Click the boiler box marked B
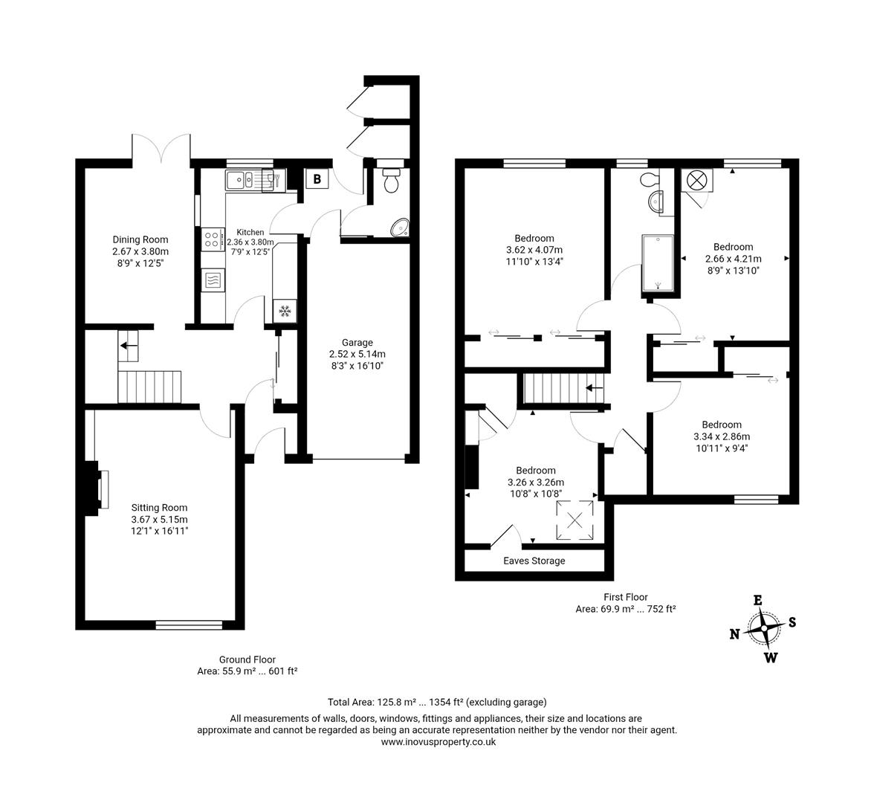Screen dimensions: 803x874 click(x=317, y=179)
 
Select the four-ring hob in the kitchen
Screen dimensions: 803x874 click(x=212, y=239)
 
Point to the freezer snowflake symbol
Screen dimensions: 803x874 click(x=285, y=311)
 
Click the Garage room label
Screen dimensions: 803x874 click(x=358, y=343)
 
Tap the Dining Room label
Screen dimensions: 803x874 click(x=140, y=239)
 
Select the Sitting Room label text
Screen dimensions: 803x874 click(x=159, y=508)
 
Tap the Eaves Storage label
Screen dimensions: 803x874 click(x=534, y=561)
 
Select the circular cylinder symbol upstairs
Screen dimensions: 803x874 click(x=697, y=179)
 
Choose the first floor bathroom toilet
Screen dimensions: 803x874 click(x=649, y=179)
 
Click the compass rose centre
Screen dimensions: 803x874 click(x=764, y=628)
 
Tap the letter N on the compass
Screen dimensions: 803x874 click(x=734, y=634)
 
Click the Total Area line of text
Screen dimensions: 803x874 click(x=437, y=702)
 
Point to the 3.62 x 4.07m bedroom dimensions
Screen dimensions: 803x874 click(x=534, y=250)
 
